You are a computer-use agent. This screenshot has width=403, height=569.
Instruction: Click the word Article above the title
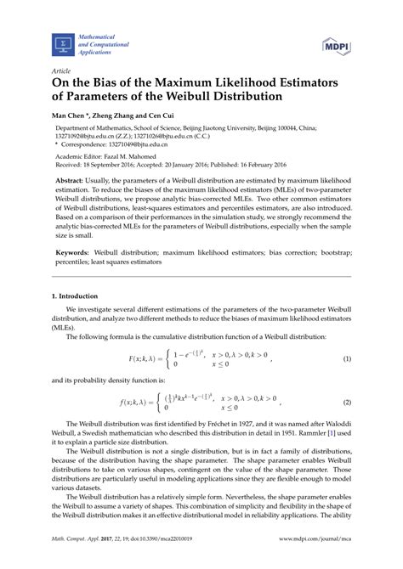pyautogui.click(x=60, y=71)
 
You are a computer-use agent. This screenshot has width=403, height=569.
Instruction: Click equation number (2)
pyautogui.click(x=347, y=402)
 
